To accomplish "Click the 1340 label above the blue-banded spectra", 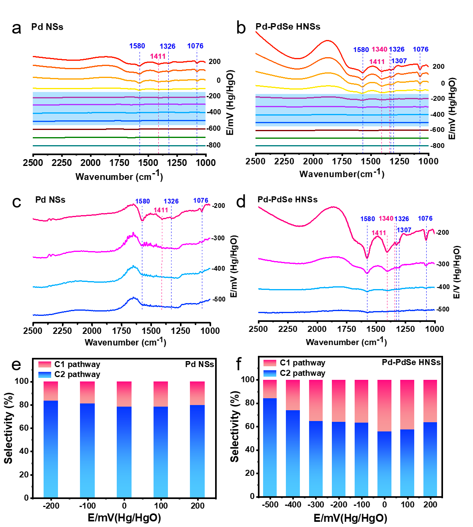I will [379, 49].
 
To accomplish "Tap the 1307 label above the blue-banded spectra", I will [399, 61].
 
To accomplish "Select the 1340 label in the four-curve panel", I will [386, 218].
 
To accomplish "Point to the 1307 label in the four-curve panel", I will [404, 230].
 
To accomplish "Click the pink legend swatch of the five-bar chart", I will [45, 364].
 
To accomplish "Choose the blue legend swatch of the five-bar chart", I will [45, 375].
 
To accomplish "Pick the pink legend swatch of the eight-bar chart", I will [270, 363].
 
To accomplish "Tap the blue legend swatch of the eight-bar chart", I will [270, 373].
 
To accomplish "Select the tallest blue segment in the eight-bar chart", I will [270, 447].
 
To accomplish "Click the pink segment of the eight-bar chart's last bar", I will [430, 401].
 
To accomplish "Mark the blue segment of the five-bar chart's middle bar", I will [124, 452].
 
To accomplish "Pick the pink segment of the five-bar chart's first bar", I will [51, 391].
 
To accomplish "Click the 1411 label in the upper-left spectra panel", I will [158, 56].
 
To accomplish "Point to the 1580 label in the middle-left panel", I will [142, 202].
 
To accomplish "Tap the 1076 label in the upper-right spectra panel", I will [421, 49].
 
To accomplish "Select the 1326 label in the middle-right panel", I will [402, 219].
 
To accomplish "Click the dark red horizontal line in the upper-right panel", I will [342, 130].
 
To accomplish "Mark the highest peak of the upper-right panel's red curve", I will [328, 40].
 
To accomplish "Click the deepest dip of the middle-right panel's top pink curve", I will [367, 258].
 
